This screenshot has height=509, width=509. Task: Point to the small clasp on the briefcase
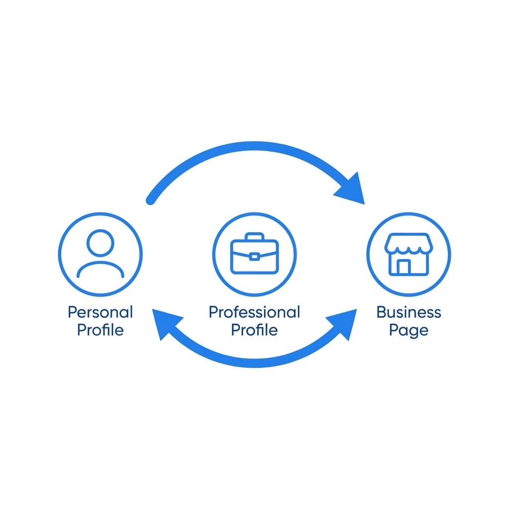pyautogui.click(x=254, y=257)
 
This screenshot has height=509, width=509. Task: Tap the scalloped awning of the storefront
pyautogui.click(x=409, y=243)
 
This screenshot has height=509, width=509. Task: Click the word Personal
pyautogui.click(x=100, y=312)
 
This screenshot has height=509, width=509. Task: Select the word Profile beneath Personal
pyautogui.click(x=100, y=330)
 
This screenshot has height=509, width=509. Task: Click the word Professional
pyautogui.click(x=254, y=312)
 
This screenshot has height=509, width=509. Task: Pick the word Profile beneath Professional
pyautogui.click(x=254, y=330)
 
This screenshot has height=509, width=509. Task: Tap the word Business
pyautogui.click(x=409, y=312)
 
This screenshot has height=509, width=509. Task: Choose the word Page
pyautogui.click(x=409, y=331)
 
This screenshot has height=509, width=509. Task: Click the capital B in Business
pyautogui.click(x=381, y=312)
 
